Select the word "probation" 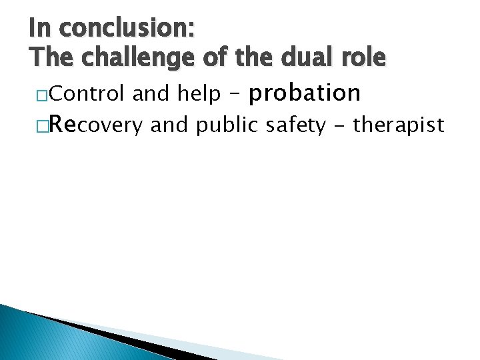304,93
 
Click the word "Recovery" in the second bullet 97,124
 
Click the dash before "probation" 233,95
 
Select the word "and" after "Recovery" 169,125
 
